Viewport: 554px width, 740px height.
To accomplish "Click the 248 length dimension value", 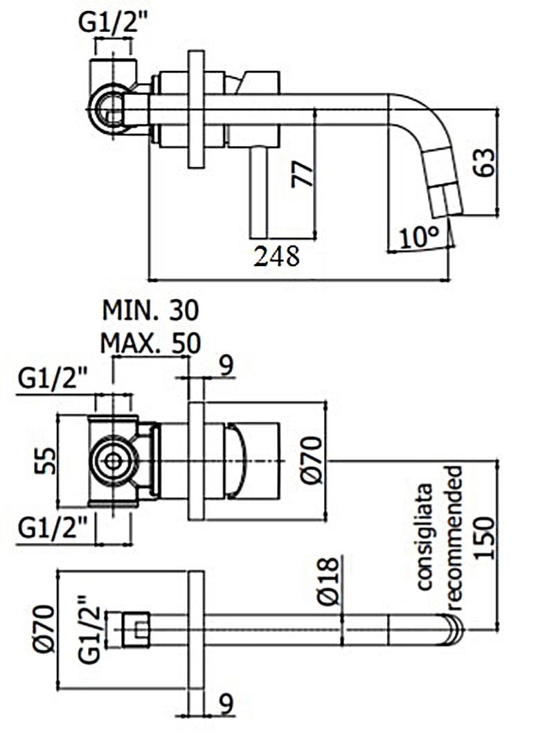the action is click(277, 256).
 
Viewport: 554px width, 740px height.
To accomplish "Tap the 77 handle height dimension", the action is click(302, 175).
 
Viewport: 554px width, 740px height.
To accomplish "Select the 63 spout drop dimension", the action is click(485, 163).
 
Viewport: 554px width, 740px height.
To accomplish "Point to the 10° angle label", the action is click(419, 237).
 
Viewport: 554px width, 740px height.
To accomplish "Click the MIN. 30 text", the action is click(151, 311).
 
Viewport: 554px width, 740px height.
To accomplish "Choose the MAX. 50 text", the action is click(150, 343).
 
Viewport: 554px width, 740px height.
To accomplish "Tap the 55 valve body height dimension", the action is click(46, 461).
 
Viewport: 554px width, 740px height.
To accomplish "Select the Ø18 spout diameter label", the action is click(328, 581).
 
